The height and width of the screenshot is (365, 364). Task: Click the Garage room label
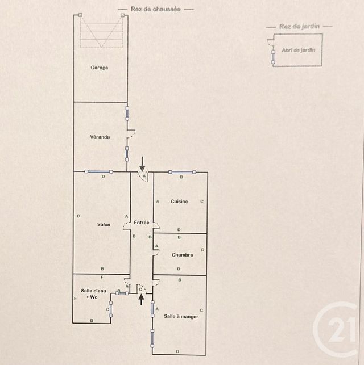pyautogui.click(x=100, y=68)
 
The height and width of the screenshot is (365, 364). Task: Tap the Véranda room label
pyautogui.click(x=100, y=137)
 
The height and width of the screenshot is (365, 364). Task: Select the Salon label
pyautogui.click(x=104, y=224)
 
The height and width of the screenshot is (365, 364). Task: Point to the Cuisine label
pyautogui.click(x=179, y=202)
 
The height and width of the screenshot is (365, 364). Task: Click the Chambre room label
pyautogui.click(x=182, y=255)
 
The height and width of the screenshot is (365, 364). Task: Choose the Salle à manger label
pyautogui.click(x=181, y=316)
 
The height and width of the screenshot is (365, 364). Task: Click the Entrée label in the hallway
pyautogui.click(x=142, y=222)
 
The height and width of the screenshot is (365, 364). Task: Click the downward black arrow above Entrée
pyautogui.click(x=142, y=163)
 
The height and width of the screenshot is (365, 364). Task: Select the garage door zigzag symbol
pyautogui.click(x=101, y=32)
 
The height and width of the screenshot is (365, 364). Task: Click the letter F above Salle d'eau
pyautogui.click(x=102, y=278)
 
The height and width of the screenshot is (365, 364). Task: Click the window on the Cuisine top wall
pyautogui.click(x=181, y=172)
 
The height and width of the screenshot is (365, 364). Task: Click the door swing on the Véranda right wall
pyautogui.click(x=131, y=135)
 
